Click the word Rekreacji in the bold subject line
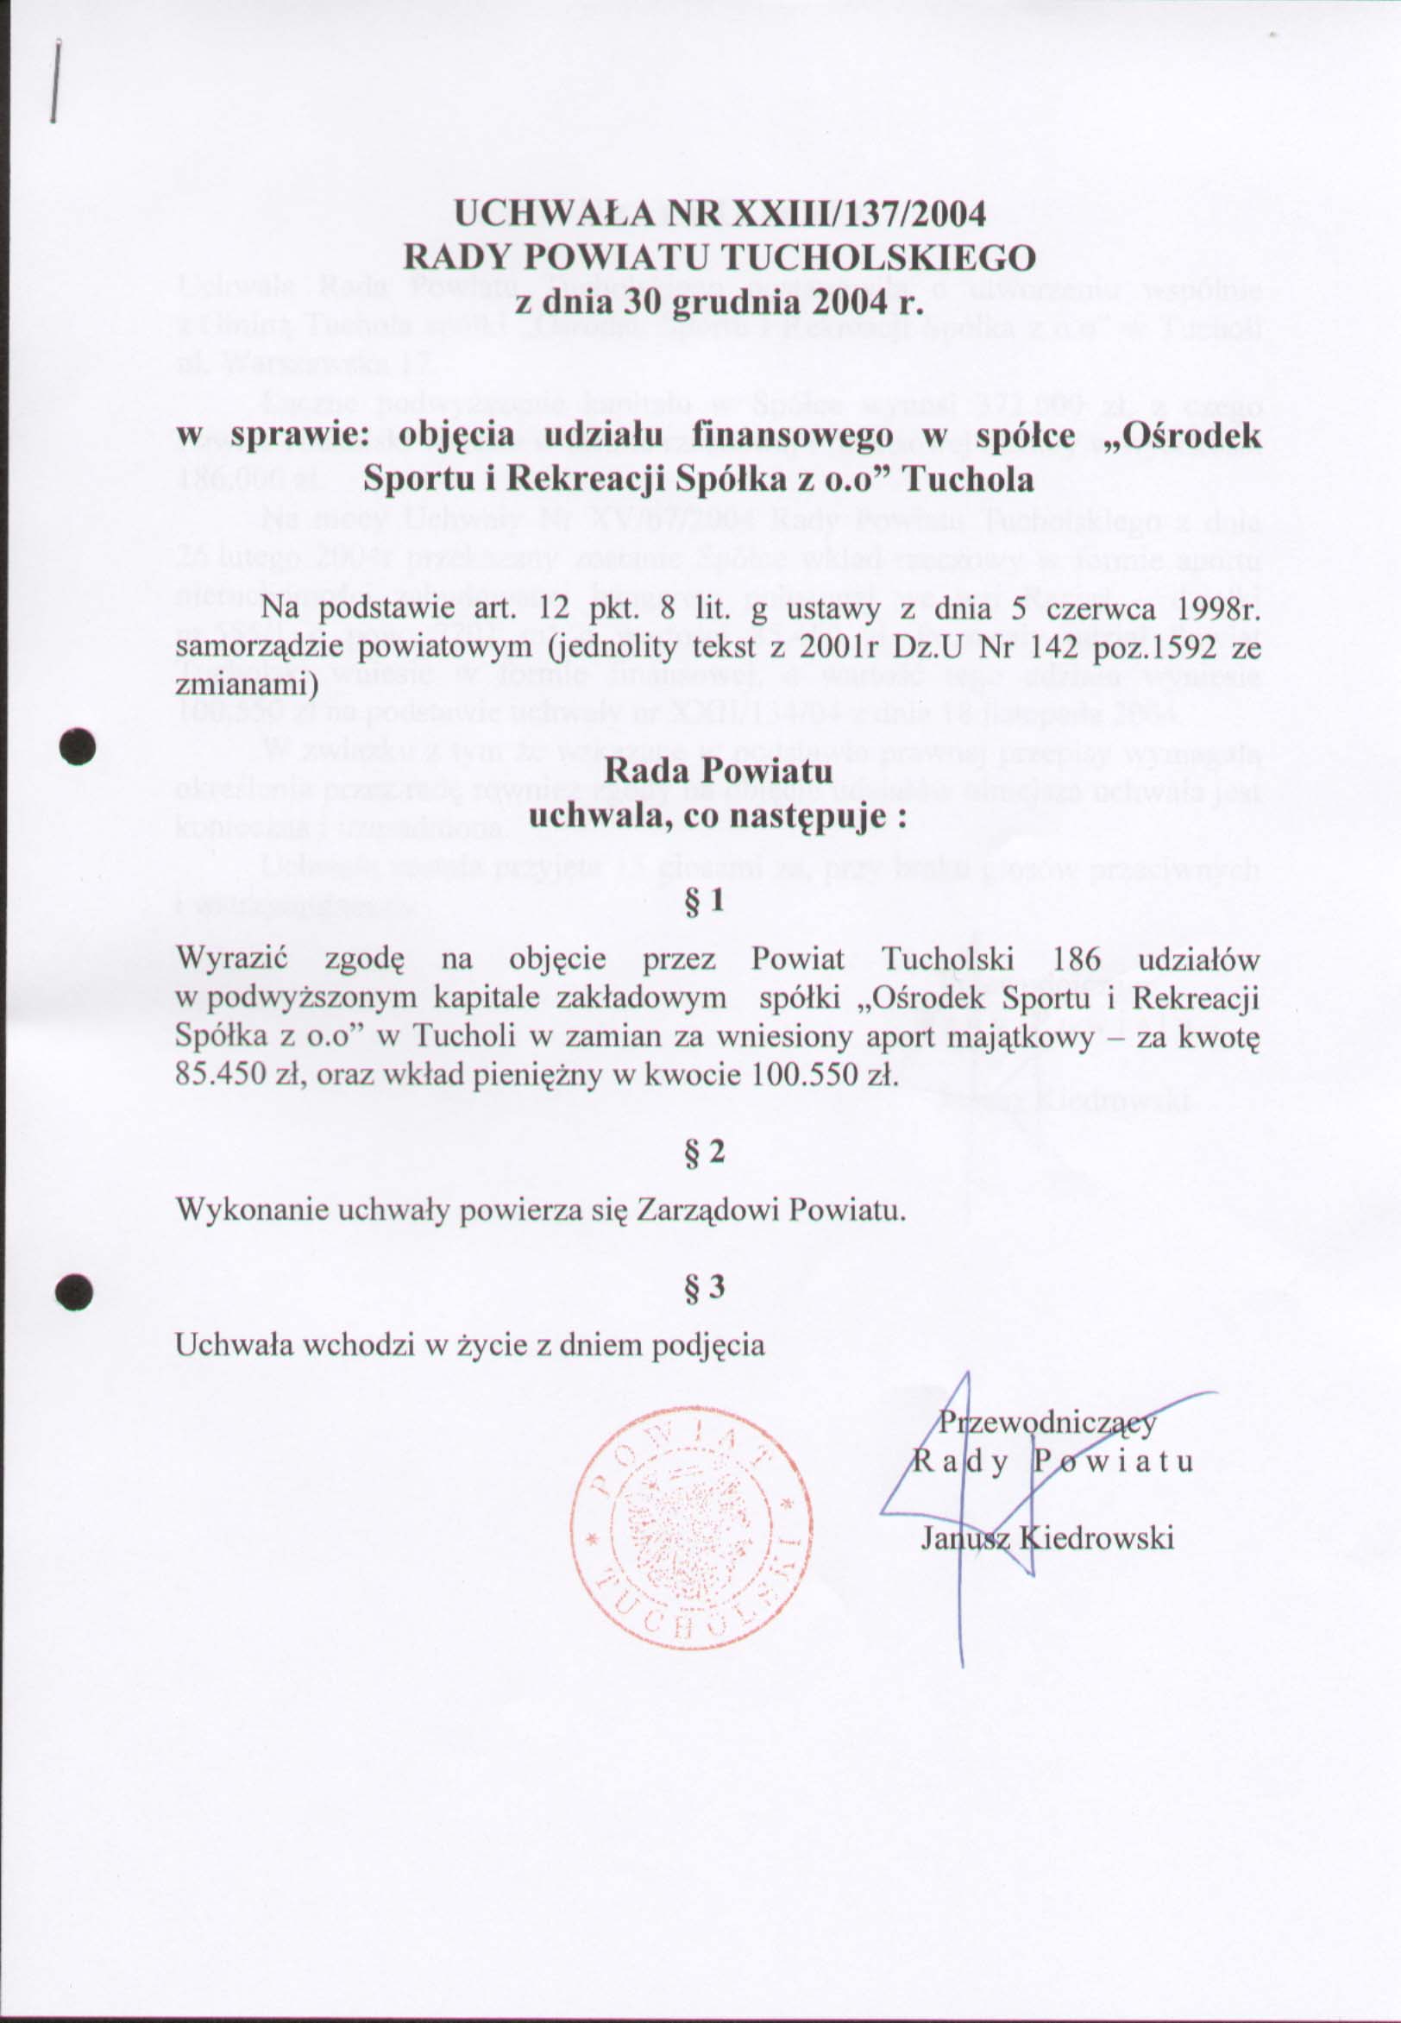pyautogui.click(x=647, y=480)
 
